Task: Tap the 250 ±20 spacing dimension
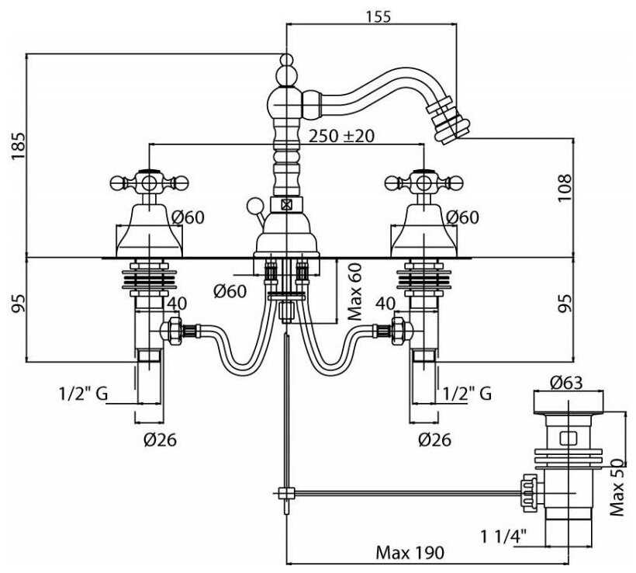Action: (x=341, y=135)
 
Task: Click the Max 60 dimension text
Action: (x=355, y=291)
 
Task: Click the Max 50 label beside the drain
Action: (x=617, y=488)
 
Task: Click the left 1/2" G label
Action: (x=81, y=394)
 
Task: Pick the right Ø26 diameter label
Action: (x=434, y=439)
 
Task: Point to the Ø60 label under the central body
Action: (x=230, y=291)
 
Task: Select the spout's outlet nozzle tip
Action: (x=448, y=127)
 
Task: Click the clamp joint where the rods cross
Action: (x=286, y=491)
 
